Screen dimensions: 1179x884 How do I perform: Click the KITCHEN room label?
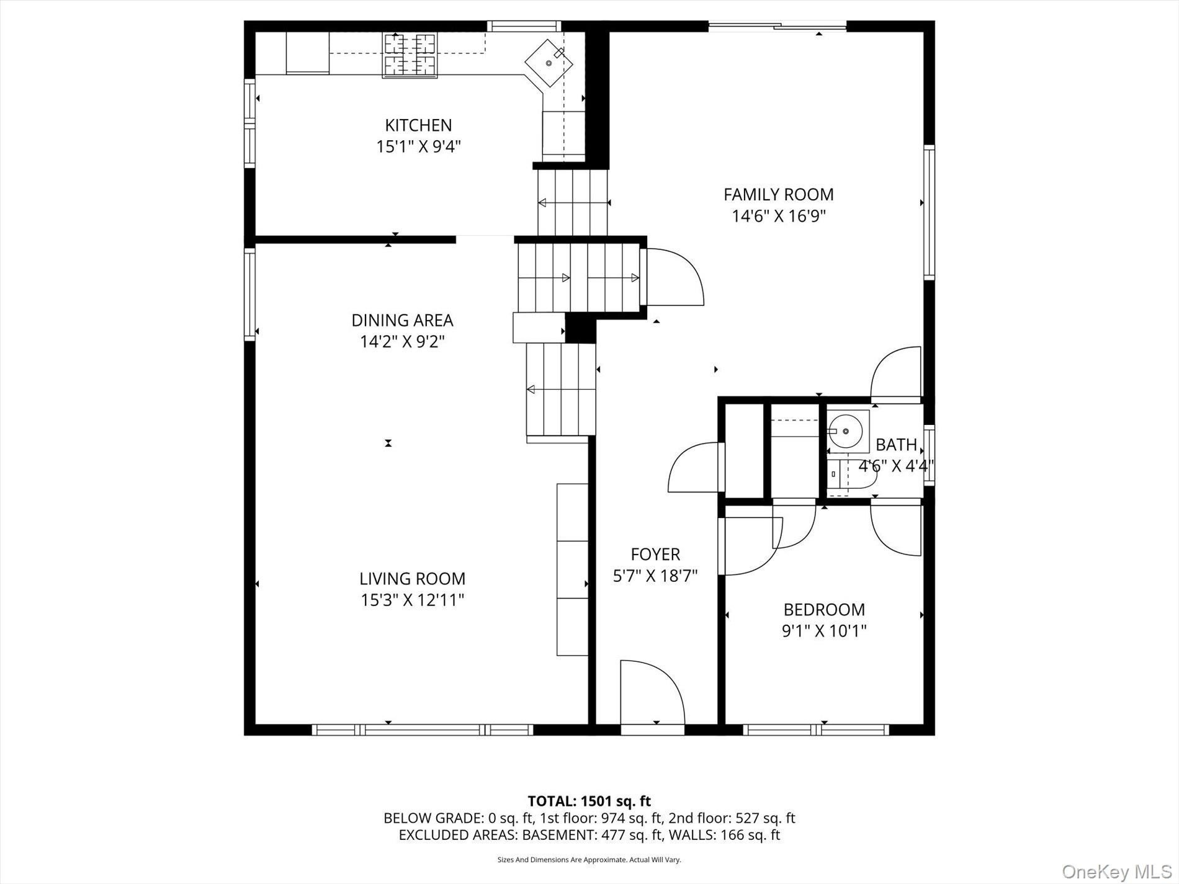point(418,125)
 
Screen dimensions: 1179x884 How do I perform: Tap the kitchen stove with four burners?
point(410,55)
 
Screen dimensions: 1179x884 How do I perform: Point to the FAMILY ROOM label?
point(778,194)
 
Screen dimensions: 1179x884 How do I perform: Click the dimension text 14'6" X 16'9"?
point(778,216)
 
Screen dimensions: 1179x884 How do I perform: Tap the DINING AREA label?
point(402,320)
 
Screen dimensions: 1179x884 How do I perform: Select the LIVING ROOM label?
point(412,578)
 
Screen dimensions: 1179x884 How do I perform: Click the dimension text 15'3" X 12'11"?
point(412,600)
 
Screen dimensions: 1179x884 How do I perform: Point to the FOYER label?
point(655,554)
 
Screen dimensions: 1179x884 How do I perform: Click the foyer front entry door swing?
point(652,692)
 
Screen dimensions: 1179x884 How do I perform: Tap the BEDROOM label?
point(824,609)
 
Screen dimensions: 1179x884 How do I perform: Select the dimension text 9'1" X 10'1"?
point(824,631)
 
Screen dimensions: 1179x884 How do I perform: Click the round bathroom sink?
point(845,431)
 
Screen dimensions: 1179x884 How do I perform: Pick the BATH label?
point(896,445)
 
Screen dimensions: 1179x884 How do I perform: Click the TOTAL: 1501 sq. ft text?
point(589,801)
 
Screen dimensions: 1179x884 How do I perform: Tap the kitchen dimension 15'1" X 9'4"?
point(418,147)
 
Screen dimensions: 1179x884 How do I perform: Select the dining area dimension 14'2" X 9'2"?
point(402,342)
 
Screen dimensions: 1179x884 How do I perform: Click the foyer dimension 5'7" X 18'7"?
point(655,576)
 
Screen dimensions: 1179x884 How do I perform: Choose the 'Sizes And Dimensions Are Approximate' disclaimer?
point(589,860)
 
